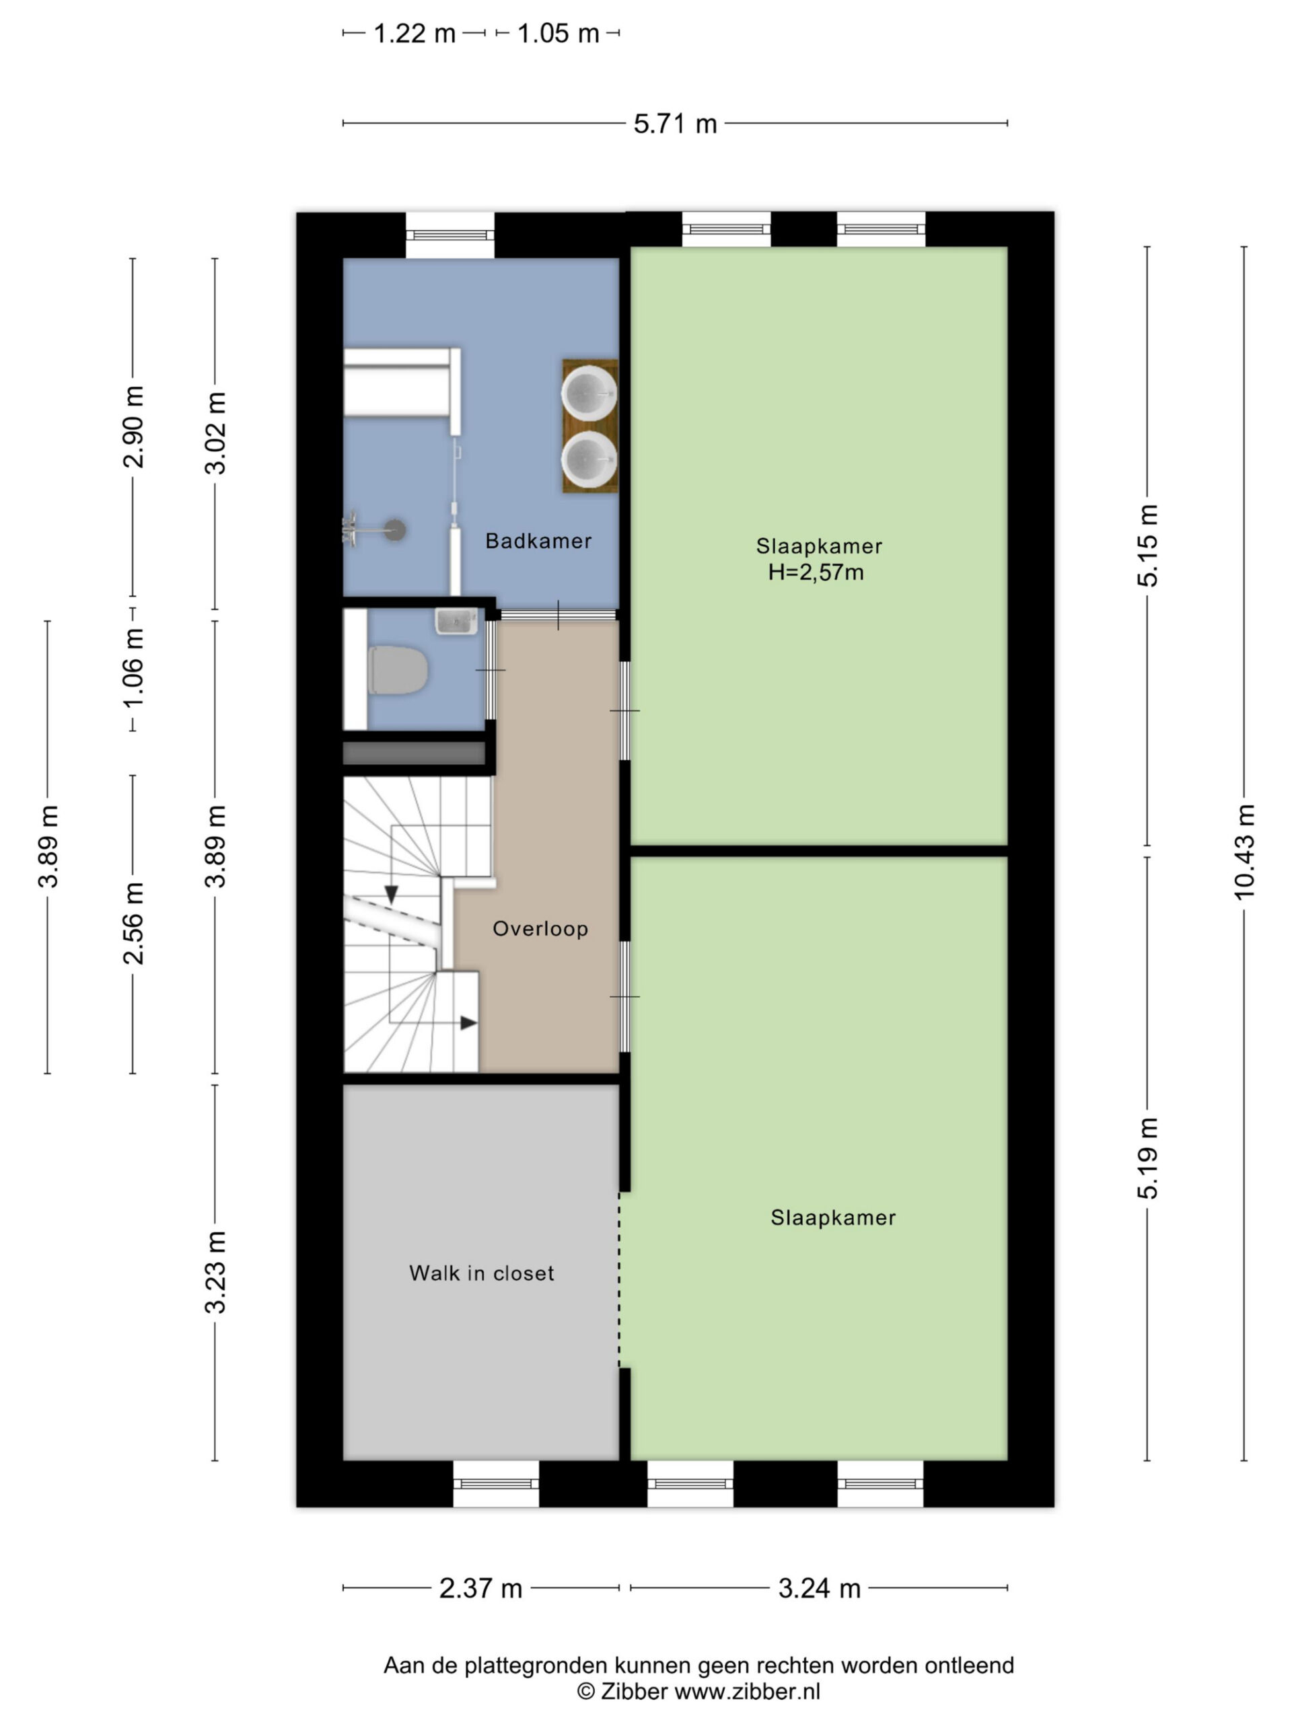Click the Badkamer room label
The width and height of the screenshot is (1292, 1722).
pos(538,541)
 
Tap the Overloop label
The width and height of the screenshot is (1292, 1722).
pos(540,929)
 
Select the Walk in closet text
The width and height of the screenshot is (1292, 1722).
pos(482,1273)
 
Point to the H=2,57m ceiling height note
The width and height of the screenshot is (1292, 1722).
pos(816,572)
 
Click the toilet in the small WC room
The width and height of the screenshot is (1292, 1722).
pos(397,669)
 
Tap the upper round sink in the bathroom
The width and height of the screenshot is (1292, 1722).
pos(589,392)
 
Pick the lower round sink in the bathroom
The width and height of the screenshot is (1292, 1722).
pos(589,459)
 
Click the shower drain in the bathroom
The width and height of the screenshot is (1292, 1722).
pos(396,529)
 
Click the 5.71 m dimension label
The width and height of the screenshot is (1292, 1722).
pos(675,124)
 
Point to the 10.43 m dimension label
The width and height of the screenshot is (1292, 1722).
pos(1244,852)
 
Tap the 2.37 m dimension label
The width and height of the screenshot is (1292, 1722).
pos(480,1588)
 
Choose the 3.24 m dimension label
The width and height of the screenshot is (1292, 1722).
pos(820,1588)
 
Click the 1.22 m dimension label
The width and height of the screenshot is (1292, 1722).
pos(415,34)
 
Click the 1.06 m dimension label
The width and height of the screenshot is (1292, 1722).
pos(133,669)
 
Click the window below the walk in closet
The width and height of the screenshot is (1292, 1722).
pos(496,1483)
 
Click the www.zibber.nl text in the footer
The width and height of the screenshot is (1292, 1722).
pos(747,1692)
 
